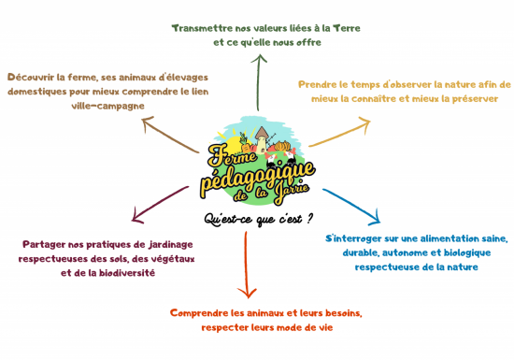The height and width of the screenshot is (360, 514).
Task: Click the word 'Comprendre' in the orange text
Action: pos(202,313)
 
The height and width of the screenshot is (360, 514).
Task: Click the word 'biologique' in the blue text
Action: pos(460,252)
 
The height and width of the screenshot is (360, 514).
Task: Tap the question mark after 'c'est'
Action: pos(308,218)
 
